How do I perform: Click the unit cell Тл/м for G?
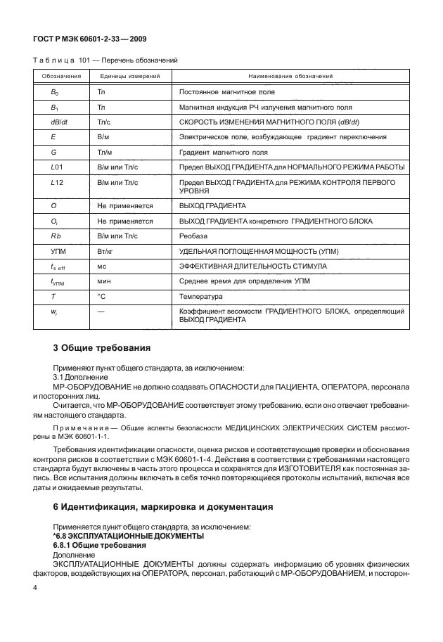(x=105, y=151)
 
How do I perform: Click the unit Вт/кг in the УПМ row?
(x=106, y=251)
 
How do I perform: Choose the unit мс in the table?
(x=101, y=267)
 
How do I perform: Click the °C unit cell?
(x=101, y=297)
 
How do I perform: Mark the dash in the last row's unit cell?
(x=101, y=311)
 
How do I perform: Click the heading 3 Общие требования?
(x=101, y=347)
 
